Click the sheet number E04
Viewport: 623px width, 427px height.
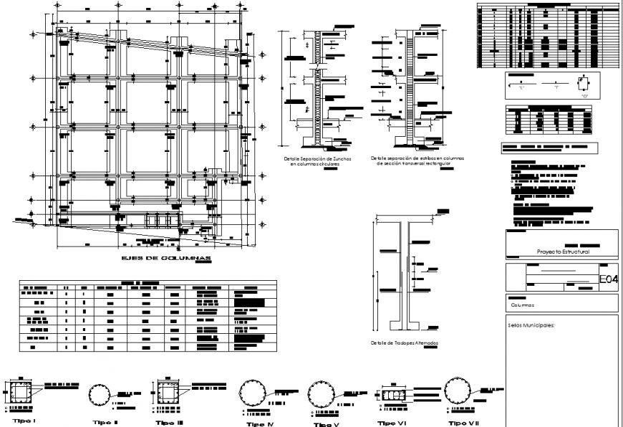[608, 278]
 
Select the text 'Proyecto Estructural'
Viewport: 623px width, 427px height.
[563, 252]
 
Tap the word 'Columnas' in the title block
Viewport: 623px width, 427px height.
[523, 304]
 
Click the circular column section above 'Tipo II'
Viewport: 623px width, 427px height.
[100, 395]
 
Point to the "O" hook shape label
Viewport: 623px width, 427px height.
[584, 95]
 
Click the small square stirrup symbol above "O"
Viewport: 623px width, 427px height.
[584, 82]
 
